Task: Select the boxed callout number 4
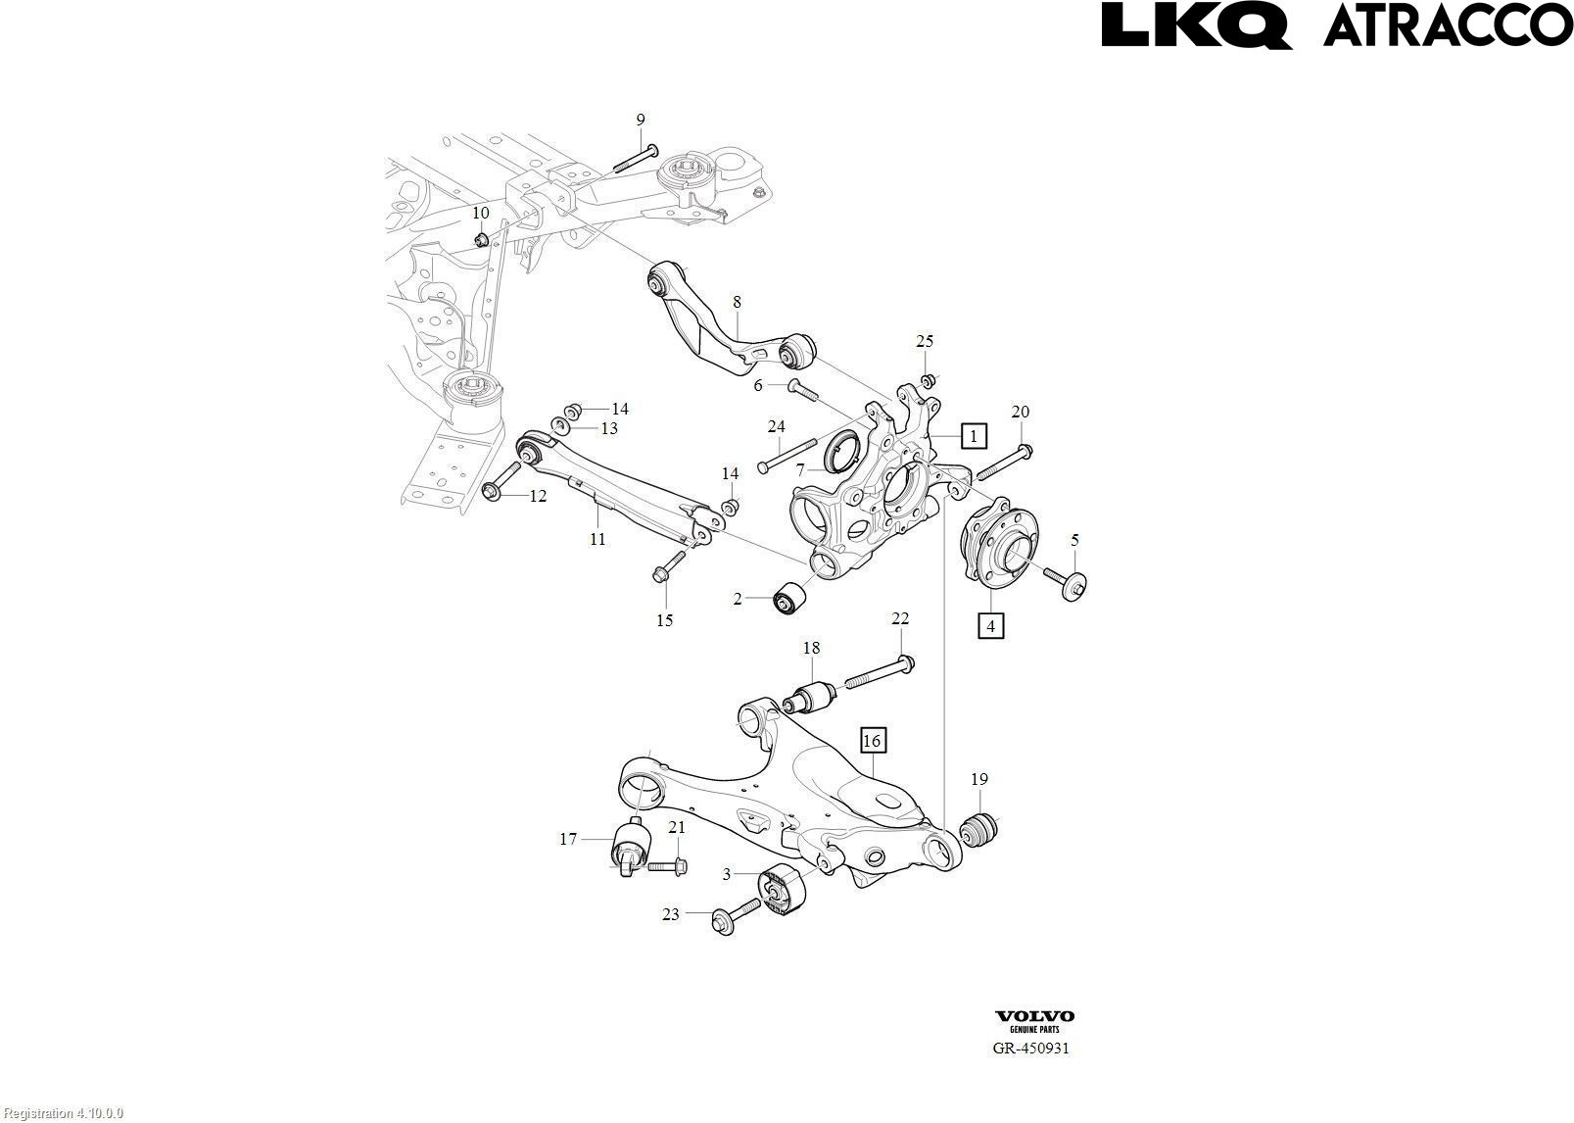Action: [x=990, y=624]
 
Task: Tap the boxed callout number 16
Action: [x=872, y=741]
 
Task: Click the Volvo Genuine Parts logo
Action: [x=1034, y=1021]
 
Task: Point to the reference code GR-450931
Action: [x=1030, y=1048]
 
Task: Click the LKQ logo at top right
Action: [x=1196, y=24]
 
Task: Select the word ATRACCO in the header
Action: [x=1447, y=24]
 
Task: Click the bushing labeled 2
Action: [x=788, y=598]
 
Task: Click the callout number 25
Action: [x=925, y=341]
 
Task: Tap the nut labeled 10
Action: [x=481, y=239]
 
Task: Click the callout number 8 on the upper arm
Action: [x=737, y=303]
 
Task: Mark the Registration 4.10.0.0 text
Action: [x=62, y=1113]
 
